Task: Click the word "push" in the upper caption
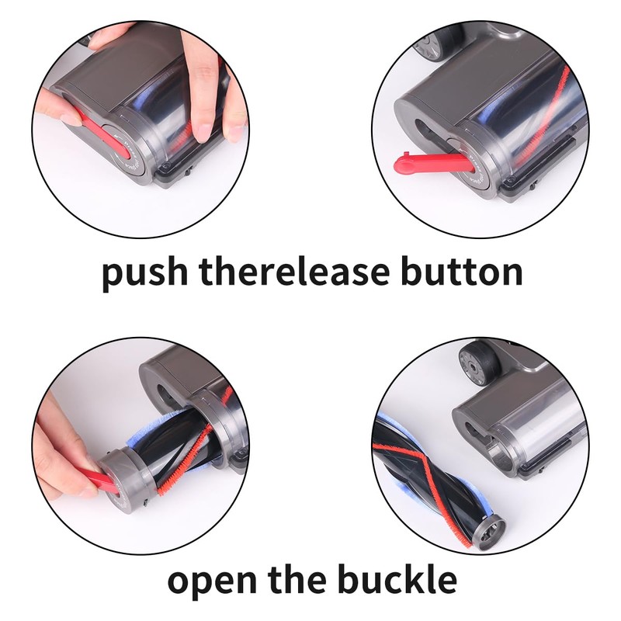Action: pyautogui.click(x=143, y=273)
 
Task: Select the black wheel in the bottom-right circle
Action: pyautogui.click(x=473, y=363)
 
